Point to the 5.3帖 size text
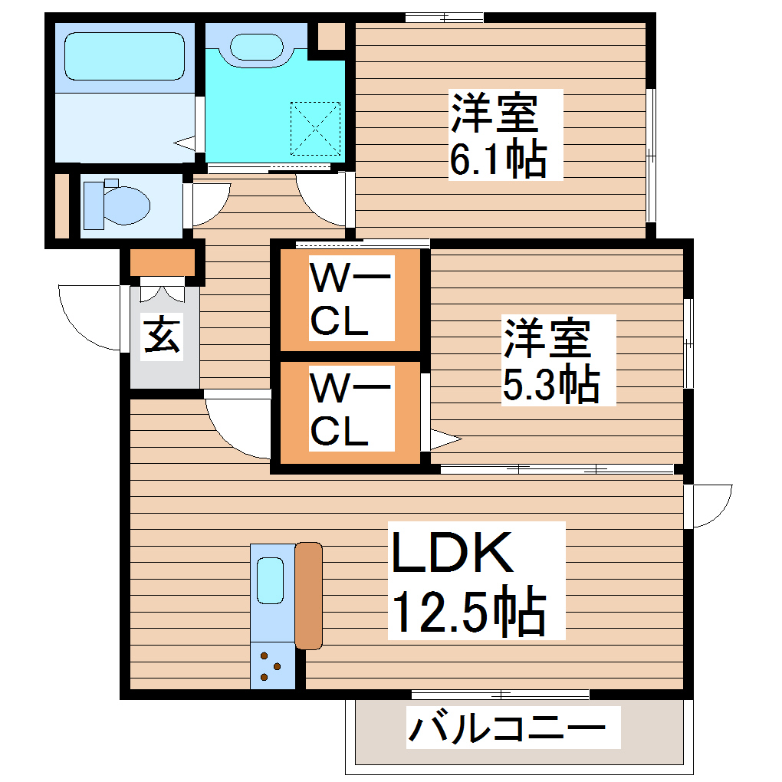coord(550,386)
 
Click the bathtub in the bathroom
coord(124,54)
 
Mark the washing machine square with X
coord(315,127)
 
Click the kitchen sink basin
coord(271,580)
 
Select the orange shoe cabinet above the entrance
coord(162,263)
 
